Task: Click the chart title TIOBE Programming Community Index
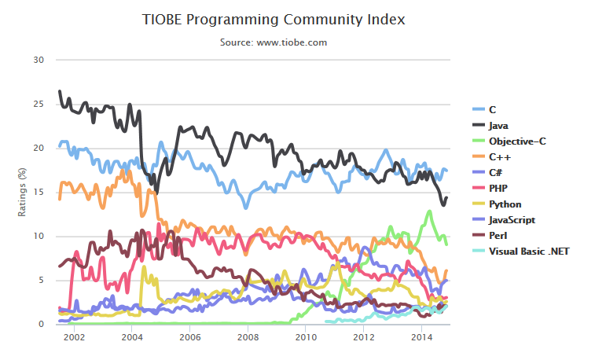point(274,19)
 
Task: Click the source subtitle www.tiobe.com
point(274,42)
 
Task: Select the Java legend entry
point(498,125)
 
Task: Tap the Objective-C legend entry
point(516,141)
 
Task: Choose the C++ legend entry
point(500,156)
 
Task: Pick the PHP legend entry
point(498,188)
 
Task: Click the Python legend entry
point(504,204)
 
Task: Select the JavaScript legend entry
point(512,219)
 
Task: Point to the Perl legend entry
point(498,235)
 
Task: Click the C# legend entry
point(497,172)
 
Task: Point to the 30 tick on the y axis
point(39,60)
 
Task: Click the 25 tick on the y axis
point(39,104)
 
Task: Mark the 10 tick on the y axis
point(39,236)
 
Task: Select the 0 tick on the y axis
point(41,324)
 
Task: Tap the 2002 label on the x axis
point(74,337)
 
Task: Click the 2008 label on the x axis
point(248,337)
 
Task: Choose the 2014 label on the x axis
point(421,337)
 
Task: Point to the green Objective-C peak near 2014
point(429,211)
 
